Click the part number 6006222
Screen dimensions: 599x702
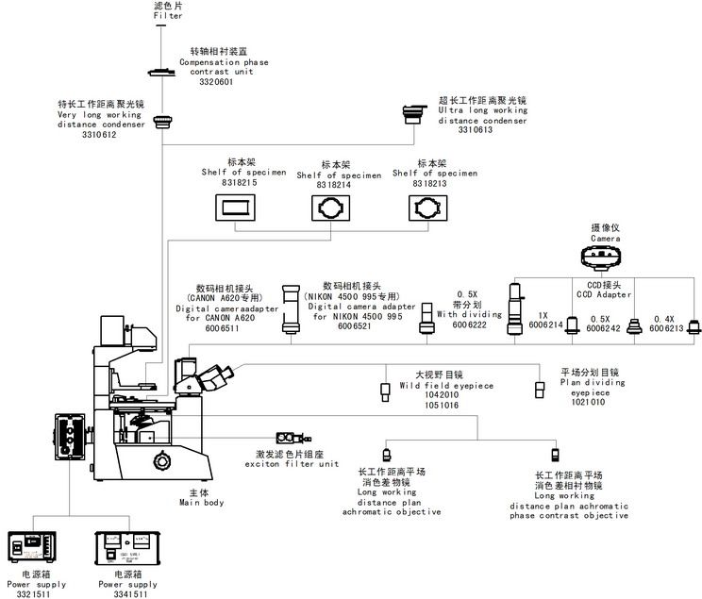469,324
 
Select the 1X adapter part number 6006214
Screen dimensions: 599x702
545,325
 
